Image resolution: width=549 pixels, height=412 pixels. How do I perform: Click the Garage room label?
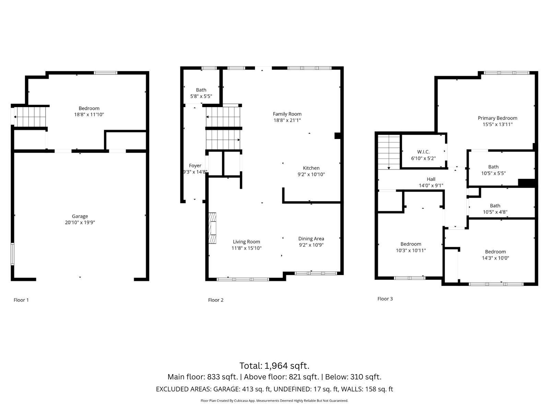pos(80,216)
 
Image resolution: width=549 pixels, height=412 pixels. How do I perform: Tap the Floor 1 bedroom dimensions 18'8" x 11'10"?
pos(89,115)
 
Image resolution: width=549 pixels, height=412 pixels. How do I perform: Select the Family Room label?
pos(287,114)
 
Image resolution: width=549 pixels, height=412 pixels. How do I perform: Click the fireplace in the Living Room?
pos(212,228)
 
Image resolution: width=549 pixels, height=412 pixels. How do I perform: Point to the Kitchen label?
pos(311,168)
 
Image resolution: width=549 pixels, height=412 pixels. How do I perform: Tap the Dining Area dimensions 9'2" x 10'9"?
pos(311,245)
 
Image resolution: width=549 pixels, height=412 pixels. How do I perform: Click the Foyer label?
pos(195,166)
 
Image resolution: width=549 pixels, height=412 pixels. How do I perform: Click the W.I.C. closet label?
pos(423,152)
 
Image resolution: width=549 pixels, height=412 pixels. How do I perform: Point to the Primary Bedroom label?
pos(497,118)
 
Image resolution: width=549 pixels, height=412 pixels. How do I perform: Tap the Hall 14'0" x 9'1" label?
pos(431,182)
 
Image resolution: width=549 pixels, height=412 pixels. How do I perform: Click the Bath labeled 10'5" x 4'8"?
pos(495,209)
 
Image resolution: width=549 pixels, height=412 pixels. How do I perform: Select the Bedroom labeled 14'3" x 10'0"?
pos(495,255)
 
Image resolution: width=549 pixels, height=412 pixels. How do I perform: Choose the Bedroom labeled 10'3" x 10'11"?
pos(411,247)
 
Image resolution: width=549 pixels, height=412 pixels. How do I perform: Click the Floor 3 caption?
pos(385,299)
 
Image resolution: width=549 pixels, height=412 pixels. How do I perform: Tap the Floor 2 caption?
pos(215,300)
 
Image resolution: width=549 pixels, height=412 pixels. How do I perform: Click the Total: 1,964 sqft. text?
pos(274,365)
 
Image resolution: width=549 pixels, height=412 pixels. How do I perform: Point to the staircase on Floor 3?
pos(389,152)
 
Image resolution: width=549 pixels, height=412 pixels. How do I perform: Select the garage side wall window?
pos(12,254)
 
